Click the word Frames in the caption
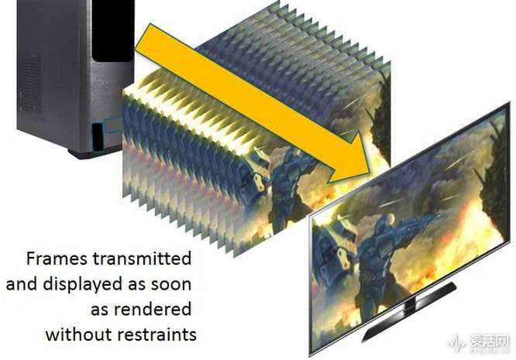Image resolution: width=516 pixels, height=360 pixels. pos(57,259)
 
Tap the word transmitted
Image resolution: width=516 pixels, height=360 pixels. pos(142,259)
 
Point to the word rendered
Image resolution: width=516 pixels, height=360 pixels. pos(153,310)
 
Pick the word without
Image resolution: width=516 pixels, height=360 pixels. pos(79,334)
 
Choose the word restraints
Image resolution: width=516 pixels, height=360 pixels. pos(157,334)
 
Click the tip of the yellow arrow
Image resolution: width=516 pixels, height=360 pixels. pos(370,174)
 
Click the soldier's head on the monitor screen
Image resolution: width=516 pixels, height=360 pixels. pos(390,219)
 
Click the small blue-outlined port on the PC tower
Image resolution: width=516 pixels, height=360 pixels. pos(97,137)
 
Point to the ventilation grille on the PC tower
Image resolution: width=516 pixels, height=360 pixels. pos(31,81)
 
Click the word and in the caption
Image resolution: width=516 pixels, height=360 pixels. pos(22,284)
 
